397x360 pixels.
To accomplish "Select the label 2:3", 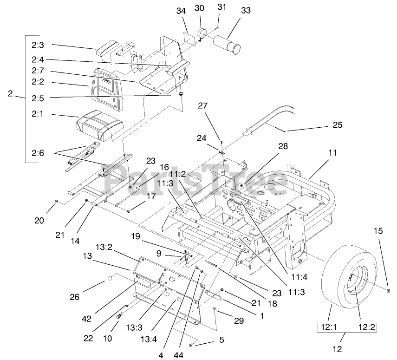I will click(38, 46).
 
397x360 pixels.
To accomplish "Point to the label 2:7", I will click(38, 72).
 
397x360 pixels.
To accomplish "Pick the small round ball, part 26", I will click(111, 279).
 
